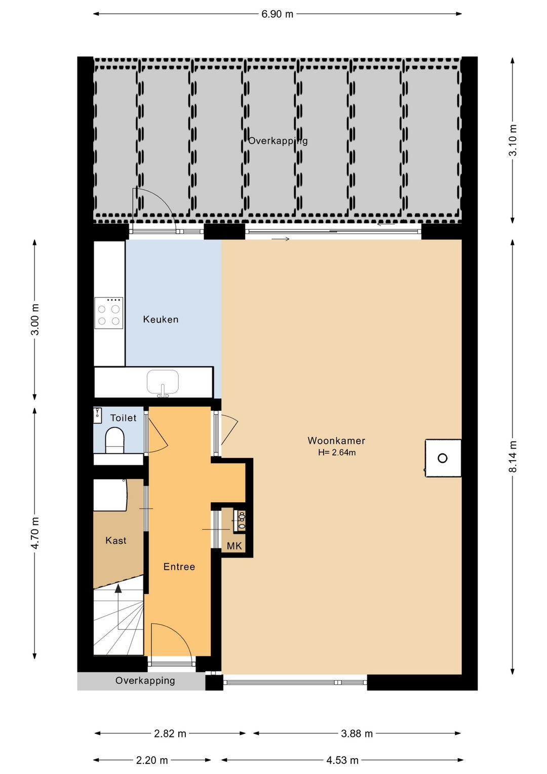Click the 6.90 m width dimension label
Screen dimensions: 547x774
[x=277, y=14]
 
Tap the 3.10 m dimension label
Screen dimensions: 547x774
[x=513, y=140]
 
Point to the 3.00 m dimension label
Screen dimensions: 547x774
[x=35, y=319]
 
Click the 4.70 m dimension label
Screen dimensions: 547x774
[x=35, y=533]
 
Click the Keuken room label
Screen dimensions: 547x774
[x=161, y=319]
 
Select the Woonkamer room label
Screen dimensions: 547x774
[x=336, y=441]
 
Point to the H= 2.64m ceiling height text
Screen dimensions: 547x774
[x=337, y=452]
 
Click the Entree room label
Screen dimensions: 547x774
[x=179, y=567]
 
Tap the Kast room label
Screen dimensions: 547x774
[x=116, y=540]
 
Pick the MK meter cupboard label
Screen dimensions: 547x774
[x=235, y=546]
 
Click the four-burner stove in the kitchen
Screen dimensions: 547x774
[x=109, y=313]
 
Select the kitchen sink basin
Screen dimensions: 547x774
[x=163, y=382]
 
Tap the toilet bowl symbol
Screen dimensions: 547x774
[x=114, y=440]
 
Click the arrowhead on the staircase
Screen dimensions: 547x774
[x=119, y=588]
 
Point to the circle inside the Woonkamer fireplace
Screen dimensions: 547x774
[x=443, y=458]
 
